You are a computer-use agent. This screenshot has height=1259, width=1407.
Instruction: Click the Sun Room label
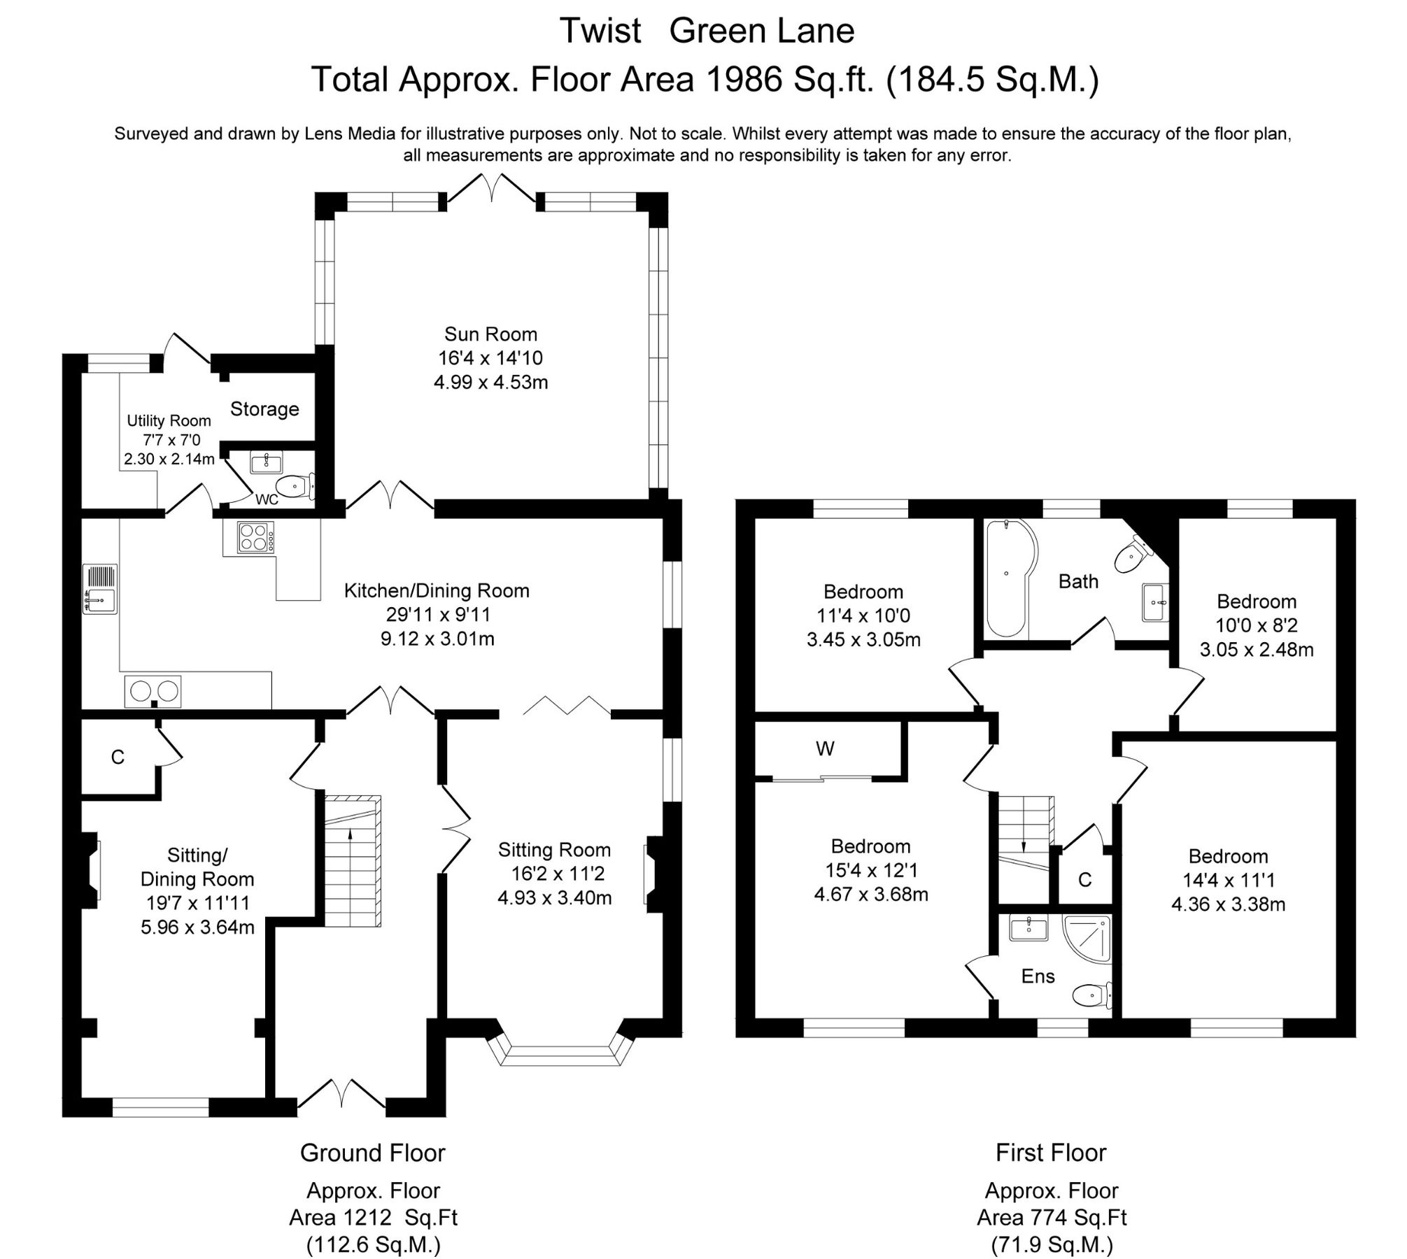point(490,334)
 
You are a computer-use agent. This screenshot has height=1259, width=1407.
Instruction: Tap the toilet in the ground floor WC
point(294,485)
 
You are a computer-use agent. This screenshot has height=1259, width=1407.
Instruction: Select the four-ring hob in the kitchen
point(255,537)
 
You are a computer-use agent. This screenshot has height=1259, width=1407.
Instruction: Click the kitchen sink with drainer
point(100,589)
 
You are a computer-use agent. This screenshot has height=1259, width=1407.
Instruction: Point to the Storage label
point(264,409)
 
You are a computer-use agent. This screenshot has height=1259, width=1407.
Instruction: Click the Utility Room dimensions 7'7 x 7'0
point(169,440)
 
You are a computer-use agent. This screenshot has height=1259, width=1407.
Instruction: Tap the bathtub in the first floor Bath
point(1007,577)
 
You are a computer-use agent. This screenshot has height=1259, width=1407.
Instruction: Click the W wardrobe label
point(825,749)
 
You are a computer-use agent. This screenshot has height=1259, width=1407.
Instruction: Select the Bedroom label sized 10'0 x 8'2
point(1257,602)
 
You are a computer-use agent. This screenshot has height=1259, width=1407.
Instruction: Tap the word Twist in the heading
point(600,31)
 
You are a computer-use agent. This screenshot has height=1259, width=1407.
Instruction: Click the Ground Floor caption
point(372,1153)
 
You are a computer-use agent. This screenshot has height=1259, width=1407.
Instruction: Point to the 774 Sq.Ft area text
point(1052,1218)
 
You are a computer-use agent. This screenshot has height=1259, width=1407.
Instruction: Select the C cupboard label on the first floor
point(1085,880)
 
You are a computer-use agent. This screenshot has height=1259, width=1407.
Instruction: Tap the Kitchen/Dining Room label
point(437,591)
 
